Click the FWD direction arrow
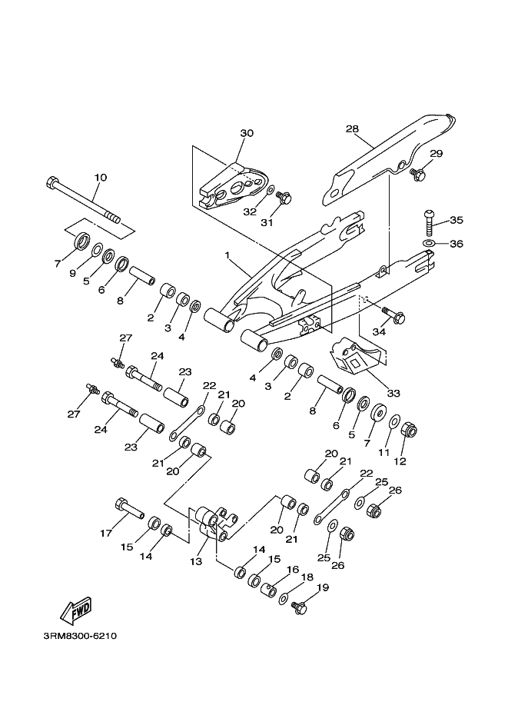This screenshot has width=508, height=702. pos(77,611)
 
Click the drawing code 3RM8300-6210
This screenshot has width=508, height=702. pos(80,636)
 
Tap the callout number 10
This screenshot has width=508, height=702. pos(101,178)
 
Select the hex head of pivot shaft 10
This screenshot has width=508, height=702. pos(51,182)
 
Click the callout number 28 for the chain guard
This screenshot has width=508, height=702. pos(352,129)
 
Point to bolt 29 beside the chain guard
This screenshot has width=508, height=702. pos(418,174)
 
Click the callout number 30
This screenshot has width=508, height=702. pos(247,133)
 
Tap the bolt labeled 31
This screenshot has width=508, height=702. pos(284,197)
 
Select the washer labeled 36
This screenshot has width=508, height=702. pos(428,243)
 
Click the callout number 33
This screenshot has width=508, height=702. pos(393,394)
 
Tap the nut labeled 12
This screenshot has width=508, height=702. pos(409,431)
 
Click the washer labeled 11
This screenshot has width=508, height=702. pos(394,421)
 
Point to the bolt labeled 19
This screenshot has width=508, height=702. pos(299,607)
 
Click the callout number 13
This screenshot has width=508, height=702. pos(196,561)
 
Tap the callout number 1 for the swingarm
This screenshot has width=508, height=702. pos(227,255)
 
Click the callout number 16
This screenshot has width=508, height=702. pos(293,570)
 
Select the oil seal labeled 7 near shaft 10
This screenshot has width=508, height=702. pos(81,241)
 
